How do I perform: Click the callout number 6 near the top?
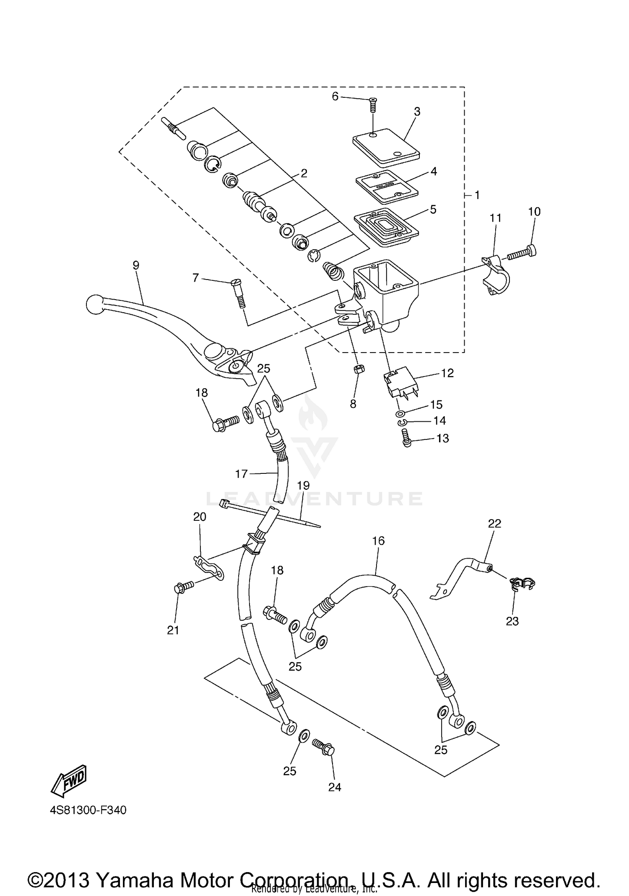[x=335, y=97]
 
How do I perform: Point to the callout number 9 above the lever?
[x=136, y=265]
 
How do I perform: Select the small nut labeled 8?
[x=359, y=369]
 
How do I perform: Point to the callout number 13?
[x=442, y=439]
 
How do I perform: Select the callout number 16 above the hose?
[x=378, y=541]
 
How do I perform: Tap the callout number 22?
[x=494, y=524]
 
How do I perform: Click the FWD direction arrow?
[x=69, y=780]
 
